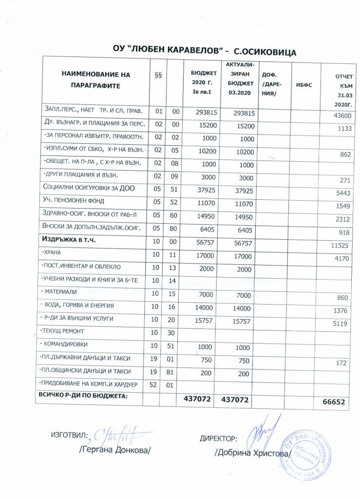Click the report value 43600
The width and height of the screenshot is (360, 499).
pyautogui.click(x=341, y=116)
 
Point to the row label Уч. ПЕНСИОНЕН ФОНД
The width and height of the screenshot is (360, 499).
pyautogui.click(x=74, y=200)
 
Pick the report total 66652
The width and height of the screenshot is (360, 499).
pyautogui.click(x=338, y=402)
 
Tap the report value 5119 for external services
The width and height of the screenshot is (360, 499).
pyautogui.click(x=342, y=323)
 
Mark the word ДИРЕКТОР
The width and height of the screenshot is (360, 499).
pyautogui.click(x=218, y=438)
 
